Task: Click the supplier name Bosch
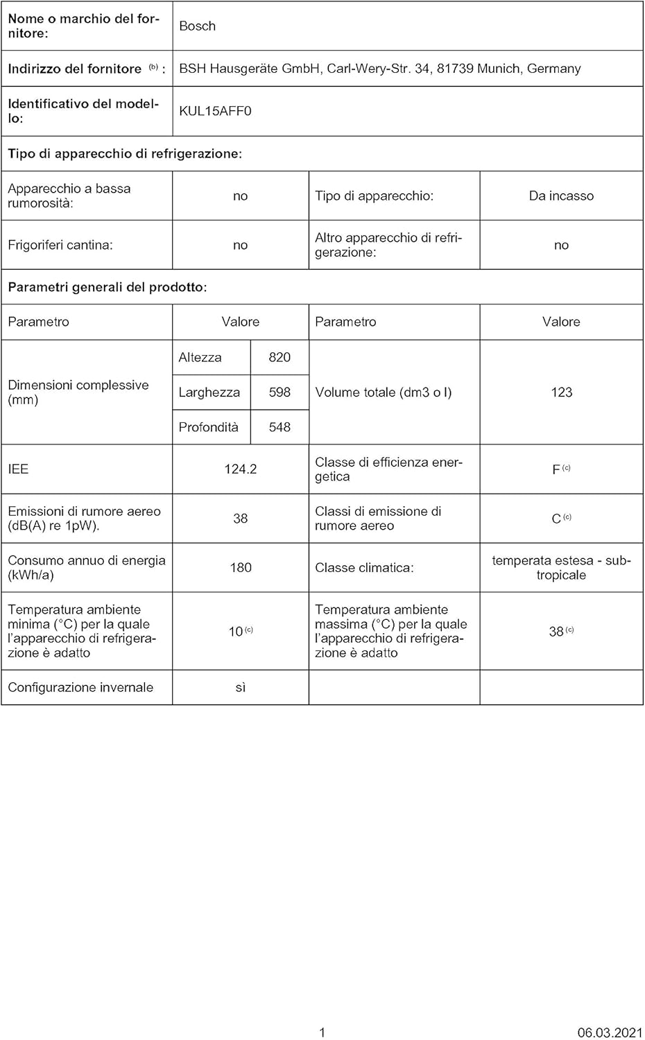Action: [198, 26]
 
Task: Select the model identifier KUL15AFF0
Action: [215, 111]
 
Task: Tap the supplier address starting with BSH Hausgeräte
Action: [380, 69]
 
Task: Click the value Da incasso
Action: [561, 196]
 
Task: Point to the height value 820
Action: [279, 358]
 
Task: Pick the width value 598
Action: [279, 392]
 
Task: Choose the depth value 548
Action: [279, 427]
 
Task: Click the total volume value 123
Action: [561, 392]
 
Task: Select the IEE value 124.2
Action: [240, 469]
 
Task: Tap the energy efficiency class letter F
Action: [556, 470]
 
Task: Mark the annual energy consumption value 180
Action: [240, 568]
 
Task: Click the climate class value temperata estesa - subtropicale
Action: [561, 568]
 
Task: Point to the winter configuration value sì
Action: [240, 688]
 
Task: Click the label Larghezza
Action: [209, 392]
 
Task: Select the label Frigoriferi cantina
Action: [60, 245]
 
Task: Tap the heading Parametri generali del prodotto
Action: [108, 287]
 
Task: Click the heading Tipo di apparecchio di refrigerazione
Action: [125, 154]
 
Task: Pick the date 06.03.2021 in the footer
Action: [610, 1032]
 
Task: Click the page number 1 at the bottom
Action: [322, 1032]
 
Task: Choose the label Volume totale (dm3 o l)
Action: [383, 392]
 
